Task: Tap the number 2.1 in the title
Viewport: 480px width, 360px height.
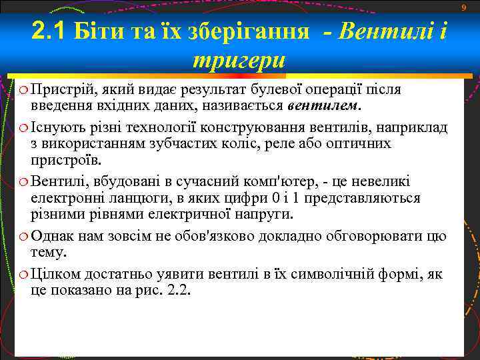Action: [x=49, y=30]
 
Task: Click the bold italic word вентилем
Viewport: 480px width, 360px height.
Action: [x=323, y=105]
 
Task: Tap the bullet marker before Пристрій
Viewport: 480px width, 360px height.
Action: [x=23, y=90]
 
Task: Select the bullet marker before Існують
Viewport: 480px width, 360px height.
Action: [x=23, y=127]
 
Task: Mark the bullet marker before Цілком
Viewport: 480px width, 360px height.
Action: [x=23, y=274]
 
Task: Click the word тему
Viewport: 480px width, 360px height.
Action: [x=49, y=253]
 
